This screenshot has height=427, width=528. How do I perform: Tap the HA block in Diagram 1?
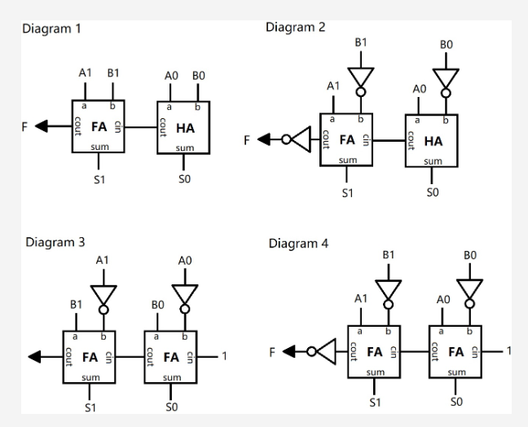[183, 127]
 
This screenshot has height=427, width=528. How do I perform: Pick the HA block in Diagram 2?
[432, 140]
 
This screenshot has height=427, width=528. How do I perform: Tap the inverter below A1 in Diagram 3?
[103, 297]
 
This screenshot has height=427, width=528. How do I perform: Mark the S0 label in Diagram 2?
[432, 192]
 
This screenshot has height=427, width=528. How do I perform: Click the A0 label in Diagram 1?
[170, 74]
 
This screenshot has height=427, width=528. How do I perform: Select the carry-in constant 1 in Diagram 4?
[508, 350]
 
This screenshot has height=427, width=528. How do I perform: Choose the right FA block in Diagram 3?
[171, 356]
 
